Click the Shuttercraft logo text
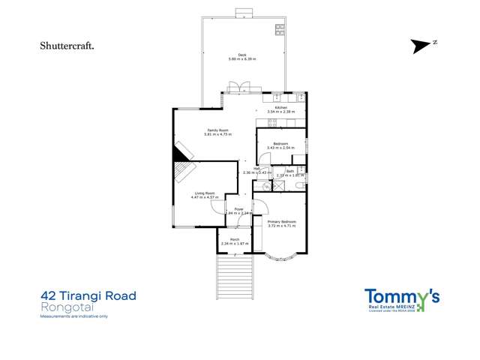click(67, 46)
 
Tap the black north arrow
click(422, 46)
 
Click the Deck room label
click(242, 55)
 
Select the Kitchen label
click(281, 108)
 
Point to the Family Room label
click(218, 130)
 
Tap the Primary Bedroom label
click(282, 222)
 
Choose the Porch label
click(235, 239)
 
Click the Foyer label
click(238, 208)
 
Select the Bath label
click(289, 171)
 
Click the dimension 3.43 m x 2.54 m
click(281, 148)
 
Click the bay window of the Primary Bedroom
click(278, 256)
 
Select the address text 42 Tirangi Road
click(88, 296)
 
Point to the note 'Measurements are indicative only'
click(74, 317)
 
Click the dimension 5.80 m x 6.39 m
click(242, 59)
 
